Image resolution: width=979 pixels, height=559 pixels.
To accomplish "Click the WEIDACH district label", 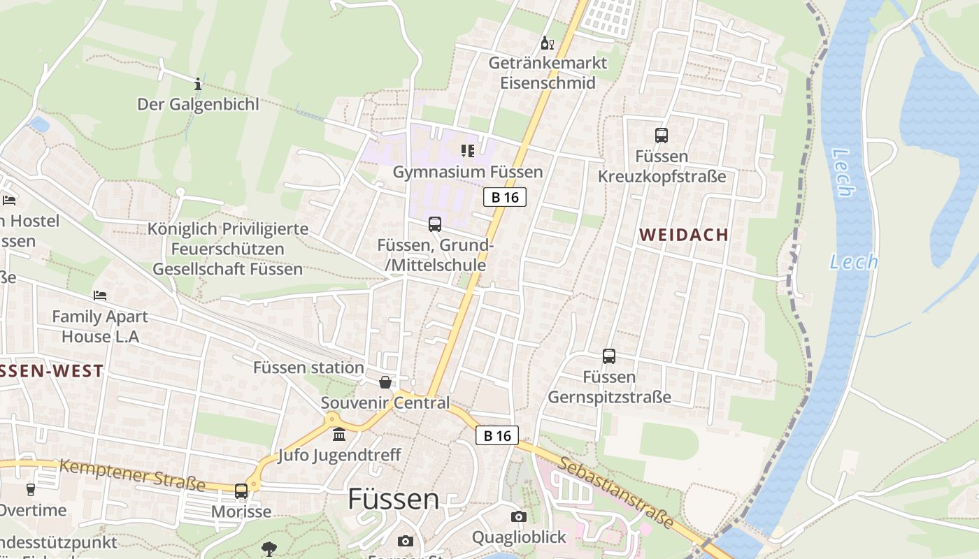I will pos(684,235).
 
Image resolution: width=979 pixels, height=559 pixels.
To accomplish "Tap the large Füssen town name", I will pos(394,499).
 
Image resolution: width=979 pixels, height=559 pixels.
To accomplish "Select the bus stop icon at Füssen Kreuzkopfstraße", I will pos(662,136).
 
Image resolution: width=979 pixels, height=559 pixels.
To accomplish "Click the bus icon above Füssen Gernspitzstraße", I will pos(609,356).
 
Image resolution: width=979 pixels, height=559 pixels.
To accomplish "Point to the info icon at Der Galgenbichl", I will pos(198,84).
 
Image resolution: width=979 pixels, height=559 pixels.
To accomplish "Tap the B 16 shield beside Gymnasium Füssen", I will pos(505,197).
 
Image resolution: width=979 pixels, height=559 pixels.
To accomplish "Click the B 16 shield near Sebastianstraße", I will pos(497,435).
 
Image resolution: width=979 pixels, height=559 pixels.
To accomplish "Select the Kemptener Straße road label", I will pos(132,474).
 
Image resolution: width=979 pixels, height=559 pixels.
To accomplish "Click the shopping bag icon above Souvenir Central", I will pos(385,382).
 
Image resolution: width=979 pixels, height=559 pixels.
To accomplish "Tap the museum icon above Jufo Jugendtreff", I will pos(339,435).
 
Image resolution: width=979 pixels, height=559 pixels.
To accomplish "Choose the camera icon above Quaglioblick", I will pos(518,516).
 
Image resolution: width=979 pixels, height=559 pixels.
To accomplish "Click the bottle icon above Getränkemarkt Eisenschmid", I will pos(547,43).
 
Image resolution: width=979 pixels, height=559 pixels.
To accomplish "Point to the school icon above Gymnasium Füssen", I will pos(468,151).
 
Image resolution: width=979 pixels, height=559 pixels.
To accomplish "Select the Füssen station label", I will pos(308,368).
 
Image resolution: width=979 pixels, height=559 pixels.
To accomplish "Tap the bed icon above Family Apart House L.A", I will pos(100,296).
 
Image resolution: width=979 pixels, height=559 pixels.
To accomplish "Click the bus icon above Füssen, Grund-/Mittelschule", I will pos(435,224).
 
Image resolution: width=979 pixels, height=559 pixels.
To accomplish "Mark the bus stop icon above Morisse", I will pos(241,491).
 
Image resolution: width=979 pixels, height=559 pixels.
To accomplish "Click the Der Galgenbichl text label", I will pos(198,105).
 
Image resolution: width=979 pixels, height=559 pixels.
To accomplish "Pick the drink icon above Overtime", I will pos(30,490).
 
